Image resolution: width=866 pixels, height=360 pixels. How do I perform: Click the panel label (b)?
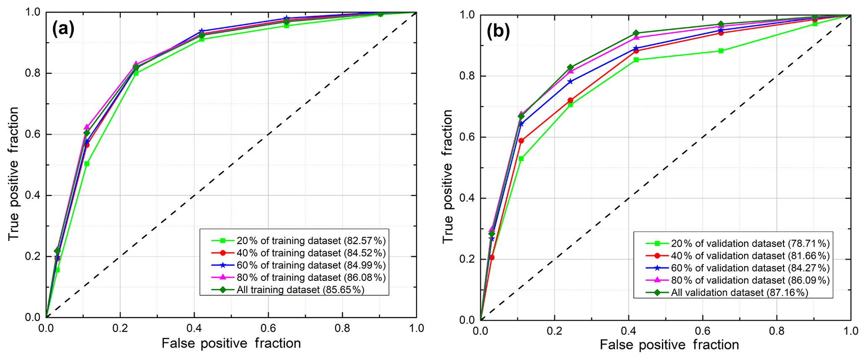coord(498,31)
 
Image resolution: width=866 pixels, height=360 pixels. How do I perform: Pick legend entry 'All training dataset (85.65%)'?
coord(300,290)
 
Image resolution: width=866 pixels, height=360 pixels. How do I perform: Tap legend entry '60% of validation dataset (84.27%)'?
coord(750,268)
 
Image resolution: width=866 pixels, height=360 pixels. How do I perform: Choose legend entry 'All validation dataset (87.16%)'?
coord(739,293)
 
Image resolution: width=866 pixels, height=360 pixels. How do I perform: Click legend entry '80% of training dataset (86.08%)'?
coord(311,277)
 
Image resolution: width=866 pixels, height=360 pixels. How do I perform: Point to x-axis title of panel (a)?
coord(231,343)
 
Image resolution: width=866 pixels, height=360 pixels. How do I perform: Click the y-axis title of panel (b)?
coord(447,176)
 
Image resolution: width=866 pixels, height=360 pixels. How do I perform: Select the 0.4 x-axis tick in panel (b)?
coord(628,331)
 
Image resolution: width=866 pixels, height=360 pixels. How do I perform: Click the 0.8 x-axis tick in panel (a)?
coord(342,328)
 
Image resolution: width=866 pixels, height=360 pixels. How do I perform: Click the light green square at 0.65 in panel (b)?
coord(721,51)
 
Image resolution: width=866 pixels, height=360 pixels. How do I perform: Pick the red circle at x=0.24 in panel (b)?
coord(570,101)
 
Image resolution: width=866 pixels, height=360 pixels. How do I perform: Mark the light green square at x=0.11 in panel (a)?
coord(87,163)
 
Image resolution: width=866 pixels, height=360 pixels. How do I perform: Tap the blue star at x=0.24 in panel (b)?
coord(570,81)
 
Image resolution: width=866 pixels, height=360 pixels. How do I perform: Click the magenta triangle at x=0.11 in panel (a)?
coord(87,127)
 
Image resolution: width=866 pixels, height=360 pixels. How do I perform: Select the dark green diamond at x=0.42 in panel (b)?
coord(636,33)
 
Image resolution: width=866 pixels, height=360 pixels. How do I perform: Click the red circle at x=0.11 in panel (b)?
coord(521,141)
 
